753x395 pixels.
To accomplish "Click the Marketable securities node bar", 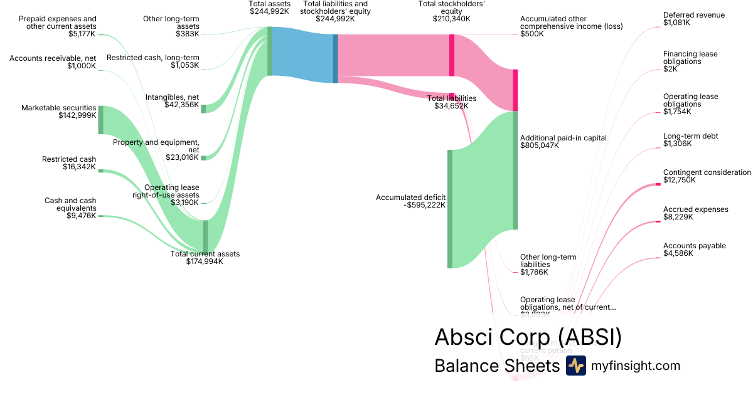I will click(100, 120).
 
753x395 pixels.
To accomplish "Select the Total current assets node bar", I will click(205, 235).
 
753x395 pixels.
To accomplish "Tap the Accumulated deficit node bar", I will click(450, 209).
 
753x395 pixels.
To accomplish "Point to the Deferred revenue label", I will click(693, 15).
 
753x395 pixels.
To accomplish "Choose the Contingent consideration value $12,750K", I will click(680, 181).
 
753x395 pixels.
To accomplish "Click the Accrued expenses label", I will click(695, 209).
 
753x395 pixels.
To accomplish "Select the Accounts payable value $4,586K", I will click(678, 254).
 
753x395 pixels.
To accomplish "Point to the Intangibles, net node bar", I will click(203, 108).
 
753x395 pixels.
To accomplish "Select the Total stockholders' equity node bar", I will click(452, 55).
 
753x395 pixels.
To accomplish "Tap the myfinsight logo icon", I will click(575, 366).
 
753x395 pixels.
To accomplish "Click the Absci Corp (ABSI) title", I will click(528, 337).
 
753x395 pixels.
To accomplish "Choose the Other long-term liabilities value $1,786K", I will click(534, 272).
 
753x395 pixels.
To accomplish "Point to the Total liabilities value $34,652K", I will click(451, 106).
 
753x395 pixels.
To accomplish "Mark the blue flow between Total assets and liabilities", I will click(303, 53).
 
